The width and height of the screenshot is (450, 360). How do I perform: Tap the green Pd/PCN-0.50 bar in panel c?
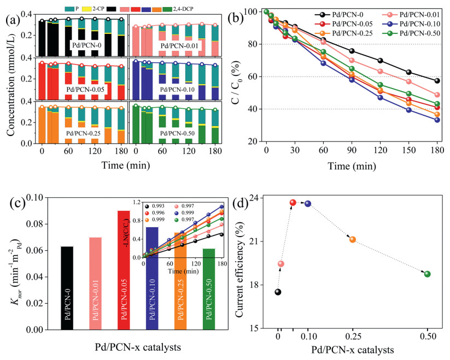pyautogui.click(x=209, y=289)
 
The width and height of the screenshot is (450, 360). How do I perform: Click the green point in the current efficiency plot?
pyautogui.click(x=427, y=274)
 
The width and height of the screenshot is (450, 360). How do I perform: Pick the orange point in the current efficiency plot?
pyautogui.click(x=353, y=239)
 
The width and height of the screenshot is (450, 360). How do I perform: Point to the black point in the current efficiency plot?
pyautogui.click(x=278, y=292)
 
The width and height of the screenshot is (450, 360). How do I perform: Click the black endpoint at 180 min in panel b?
pyautogui.click(x=437, y=81)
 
